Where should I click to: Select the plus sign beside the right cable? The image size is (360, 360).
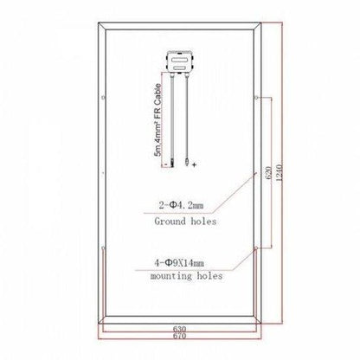[194, 163]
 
